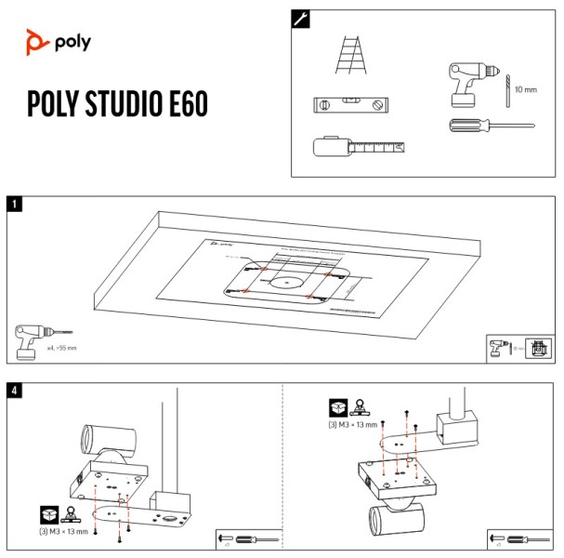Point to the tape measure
[x=358, y=147]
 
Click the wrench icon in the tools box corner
[x=302, y=18]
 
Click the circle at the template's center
[x=288, y=279]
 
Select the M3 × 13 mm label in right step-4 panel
[x=354, y=425]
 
